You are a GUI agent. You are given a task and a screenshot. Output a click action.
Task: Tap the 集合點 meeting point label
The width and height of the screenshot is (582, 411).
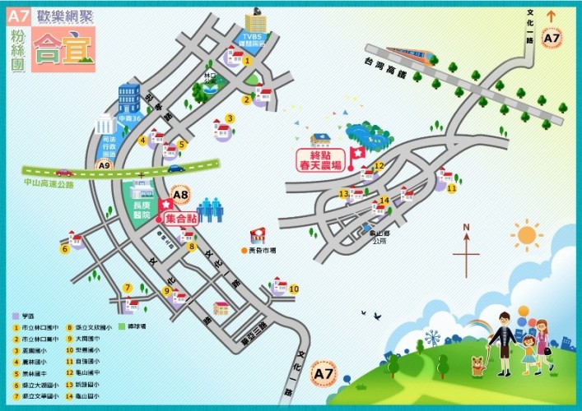point(181,219)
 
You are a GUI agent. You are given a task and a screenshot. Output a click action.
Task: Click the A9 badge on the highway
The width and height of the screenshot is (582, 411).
point(104,166)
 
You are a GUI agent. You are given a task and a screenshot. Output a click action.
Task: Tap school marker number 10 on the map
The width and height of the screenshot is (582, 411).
point(294,289)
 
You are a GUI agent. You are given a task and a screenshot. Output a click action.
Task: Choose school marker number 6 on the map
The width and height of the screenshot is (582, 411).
point(64,248)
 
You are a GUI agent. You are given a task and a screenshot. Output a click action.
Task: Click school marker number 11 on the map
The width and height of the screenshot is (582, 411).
point(451,188)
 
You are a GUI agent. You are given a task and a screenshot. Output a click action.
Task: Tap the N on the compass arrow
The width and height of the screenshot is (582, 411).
point(465,228)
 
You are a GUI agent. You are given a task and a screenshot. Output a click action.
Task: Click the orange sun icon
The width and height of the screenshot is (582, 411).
point(526,236)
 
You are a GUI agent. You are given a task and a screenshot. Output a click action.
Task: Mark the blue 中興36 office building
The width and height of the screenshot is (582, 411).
point(130,103)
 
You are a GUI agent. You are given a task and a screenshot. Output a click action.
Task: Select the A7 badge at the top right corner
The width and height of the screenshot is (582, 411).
point(552,38)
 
